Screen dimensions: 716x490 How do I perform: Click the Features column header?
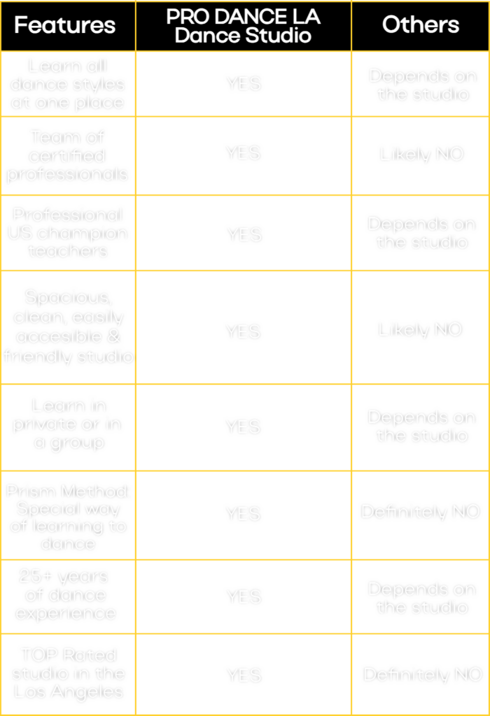click(64, 25)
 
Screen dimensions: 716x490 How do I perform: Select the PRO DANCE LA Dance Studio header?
click(243, 26)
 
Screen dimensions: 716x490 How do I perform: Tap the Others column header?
click(420, 25)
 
